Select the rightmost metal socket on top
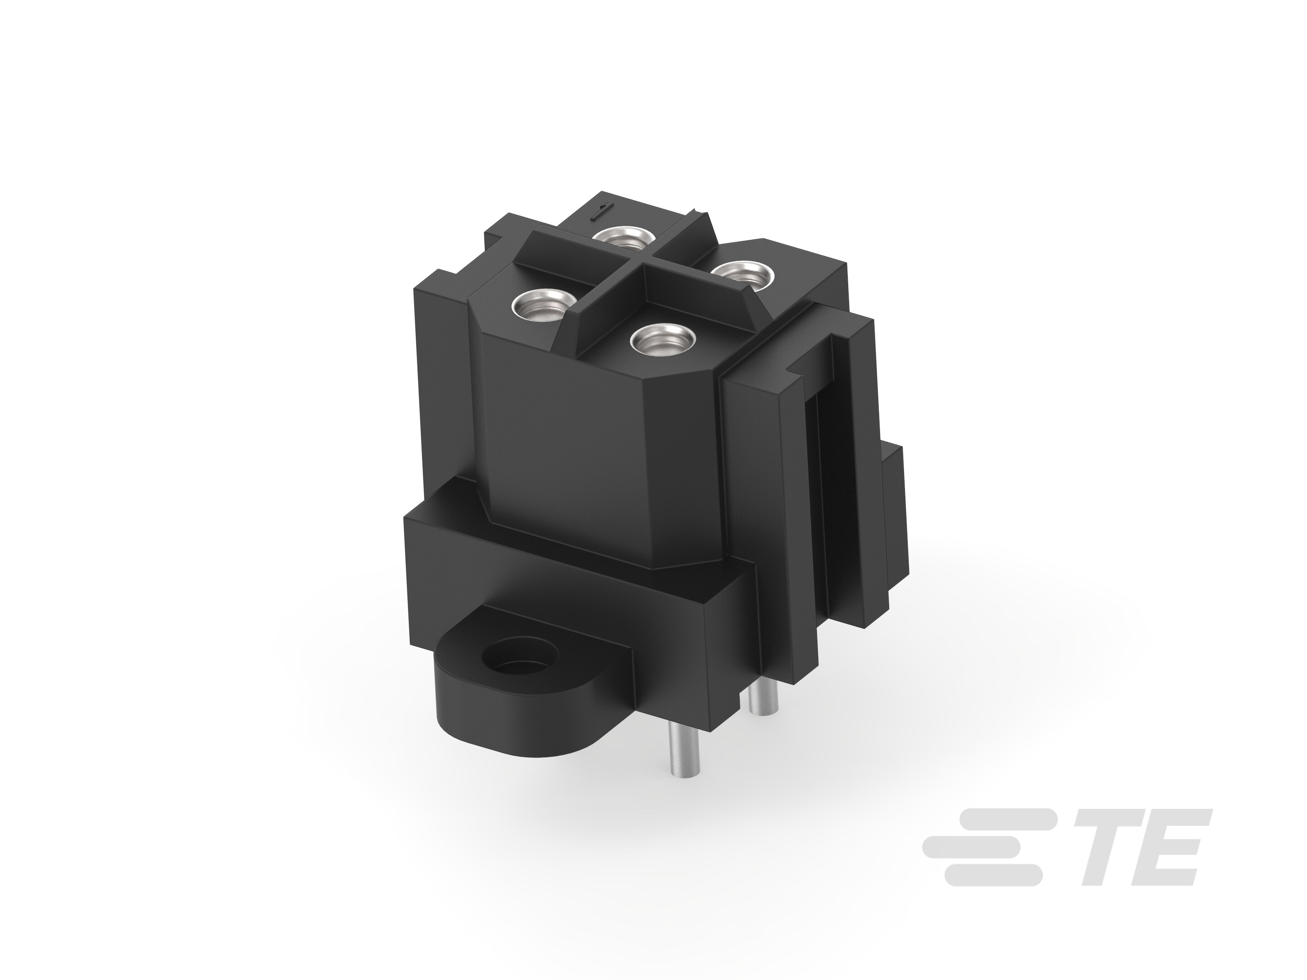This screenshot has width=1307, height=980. [743, 275]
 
